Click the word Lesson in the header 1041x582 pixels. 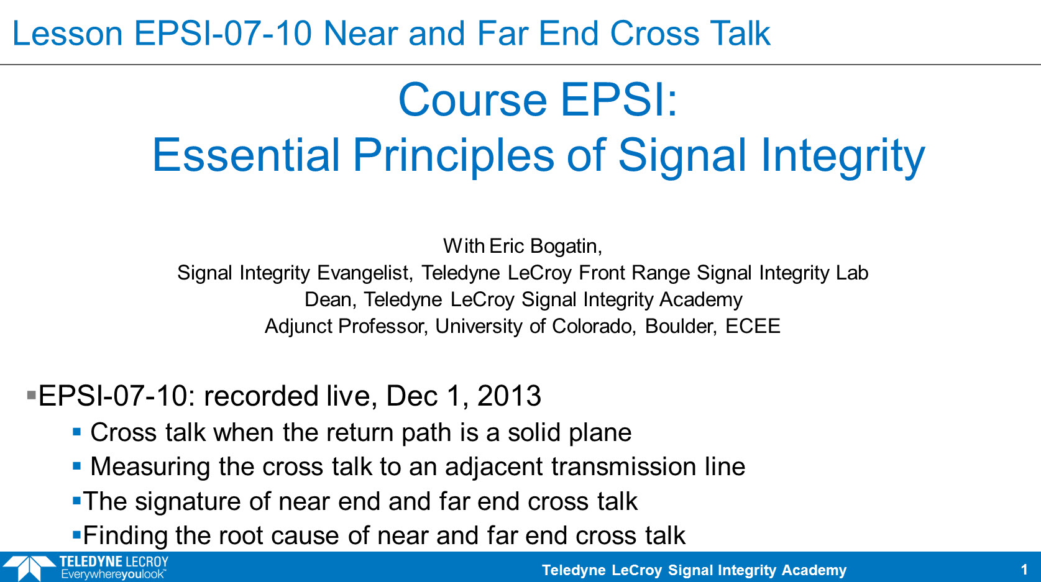click(x=67, y=34)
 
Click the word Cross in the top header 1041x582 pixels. click(x=654, y=34)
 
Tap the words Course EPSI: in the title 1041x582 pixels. click(x=538, y=100)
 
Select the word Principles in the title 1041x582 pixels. click(x=453, y=156)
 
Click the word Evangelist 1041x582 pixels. click(x=365, y=273)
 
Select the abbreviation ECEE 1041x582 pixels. click(x=753, y=326)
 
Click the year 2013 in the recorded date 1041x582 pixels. click(x=509, y=396)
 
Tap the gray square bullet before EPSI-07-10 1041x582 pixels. click(x=32, y=395)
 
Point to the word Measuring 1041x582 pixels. click(x=150, y=467)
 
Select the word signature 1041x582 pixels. click(x=188, y=502)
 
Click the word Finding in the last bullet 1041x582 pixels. click(x=125, y=535)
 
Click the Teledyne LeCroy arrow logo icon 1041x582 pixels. click(x=29, y=567)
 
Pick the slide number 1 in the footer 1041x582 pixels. click(x=1024, y=570)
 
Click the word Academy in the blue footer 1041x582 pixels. click(x=814, y=570)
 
